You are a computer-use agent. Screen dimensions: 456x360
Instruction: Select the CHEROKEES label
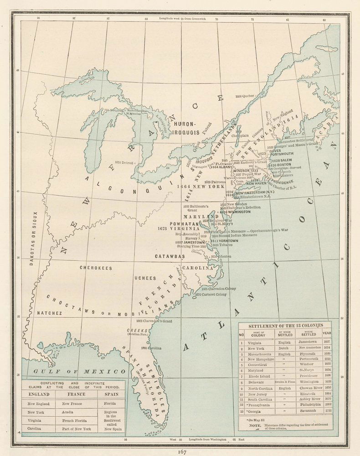(x=96, y=268)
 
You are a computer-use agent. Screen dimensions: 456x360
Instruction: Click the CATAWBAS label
(x=169, y=257)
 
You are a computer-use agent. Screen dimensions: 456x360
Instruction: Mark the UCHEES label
(x=145, y=278)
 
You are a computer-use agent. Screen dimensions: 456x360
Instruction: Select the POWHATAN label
(x=184, y=224)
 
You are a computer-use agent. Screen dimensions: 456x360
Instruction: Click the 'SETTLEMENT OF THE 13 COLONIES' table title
(x=285, y=326)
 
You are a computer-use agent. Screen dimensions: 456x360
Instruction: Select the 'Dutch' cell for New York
(x=283, y=348)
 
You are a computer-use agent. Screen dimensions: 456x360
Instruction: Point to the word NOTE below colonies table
(x=255, y=425)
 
